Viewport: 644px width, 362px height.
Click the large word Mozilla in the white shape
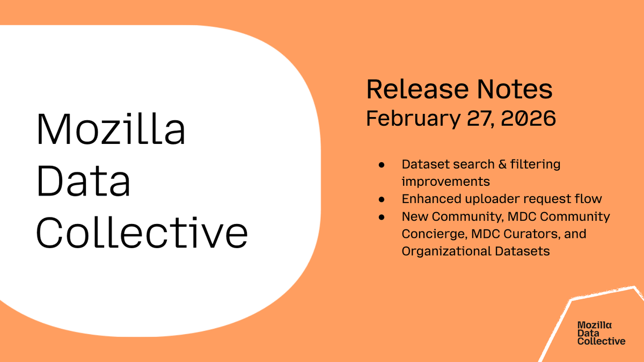click(111, 130)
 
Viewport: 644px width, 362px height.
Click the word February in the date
click(414, 119)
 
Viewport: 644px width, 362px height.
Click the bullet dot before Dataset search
click(382, 164)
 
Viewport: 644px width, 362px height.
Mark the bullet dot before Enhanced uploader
click(382, 199)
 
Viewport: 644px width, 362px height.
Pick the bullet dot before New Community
click(382, 217)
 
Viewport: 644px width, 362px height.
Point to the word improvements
click(445, 182)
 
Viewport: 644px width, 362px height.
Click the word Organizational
click(447, 251)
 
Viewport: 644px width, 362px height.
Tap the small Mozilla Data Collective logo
click(601, 333)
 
